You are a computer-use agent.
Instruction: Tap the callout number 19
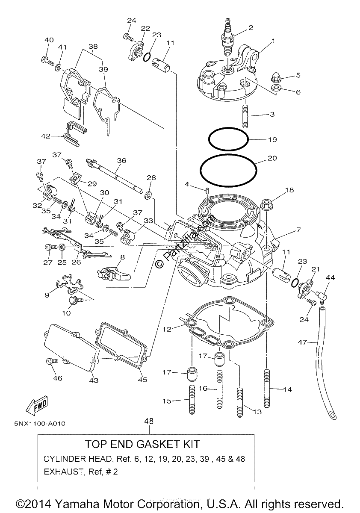pos(272,139)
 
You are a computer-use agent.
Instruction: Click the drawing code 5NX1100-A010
pos(40,424)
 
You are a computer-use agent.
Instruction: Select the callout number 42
pos(46,136)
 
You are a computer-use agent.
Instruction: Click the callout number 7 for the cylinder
pos(298,230)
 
